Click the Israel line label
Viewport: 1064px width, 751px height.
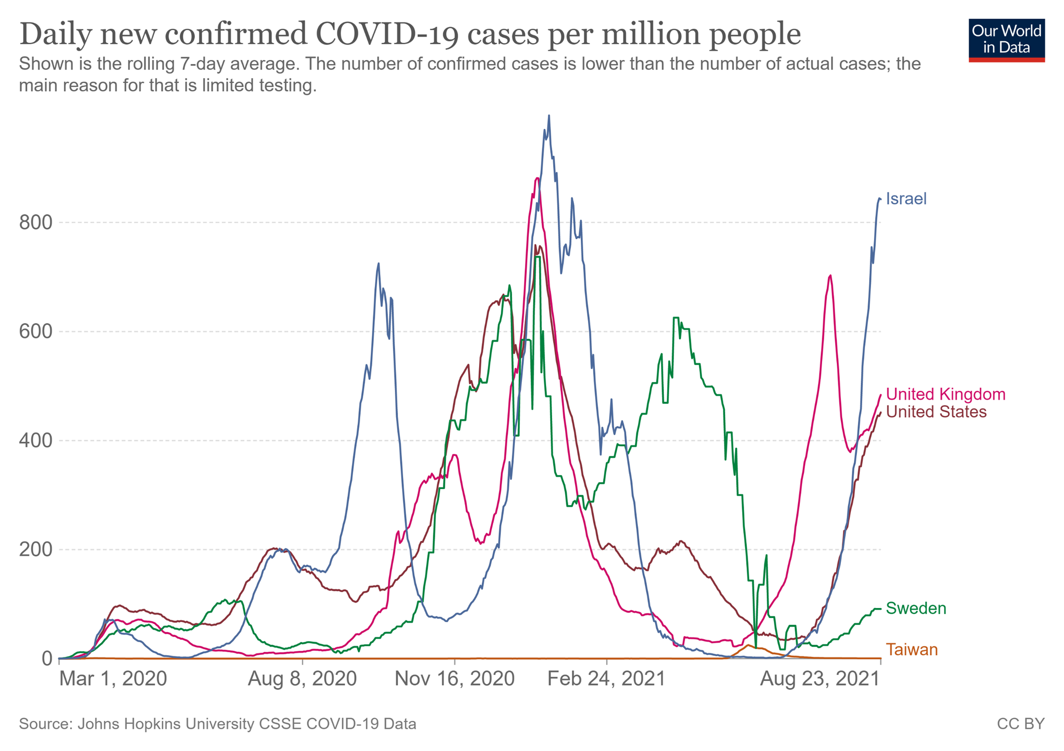point(906,199)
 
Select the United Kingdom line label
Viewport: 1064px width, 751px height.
point(945,394)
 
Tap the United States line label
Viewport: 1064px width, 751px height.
point(936,412)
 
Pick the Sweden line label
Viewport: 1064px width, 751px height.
point(916,608)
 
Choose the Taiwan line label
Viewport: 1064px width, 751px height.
point(912,650)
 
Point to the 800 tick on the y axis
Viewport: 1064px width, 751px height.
point(35,222)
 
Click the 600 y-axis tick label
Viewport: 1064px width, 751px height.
point(35,331)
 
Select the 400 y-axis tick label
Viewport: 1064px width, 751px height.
point(35,441)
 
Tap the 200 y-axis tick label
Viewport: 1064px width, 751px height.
point(35,550)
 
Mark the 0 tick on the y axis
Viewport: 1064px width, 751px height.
point(47,658)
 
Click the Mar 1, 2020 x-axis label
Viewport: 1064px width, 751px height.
point(113,679)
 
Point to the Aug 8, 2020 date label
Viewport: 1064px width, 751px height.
point(302,679)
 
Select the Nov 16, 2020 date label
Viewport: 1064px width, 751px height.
point(454,679)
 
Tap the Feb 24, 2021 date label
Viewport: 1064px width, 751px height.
point(607,679)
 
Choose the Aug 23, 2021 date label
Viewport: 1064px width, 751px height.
point(820,679)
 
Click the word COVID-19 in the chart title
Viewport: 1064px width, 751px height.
point(388,34)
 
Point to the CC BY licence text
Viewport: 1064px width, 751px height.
point(1020,724)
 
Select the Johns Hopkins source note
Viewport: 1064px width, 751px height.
point(218,724)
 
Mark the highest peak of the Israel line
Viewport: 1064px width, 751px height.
point(549,116)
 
